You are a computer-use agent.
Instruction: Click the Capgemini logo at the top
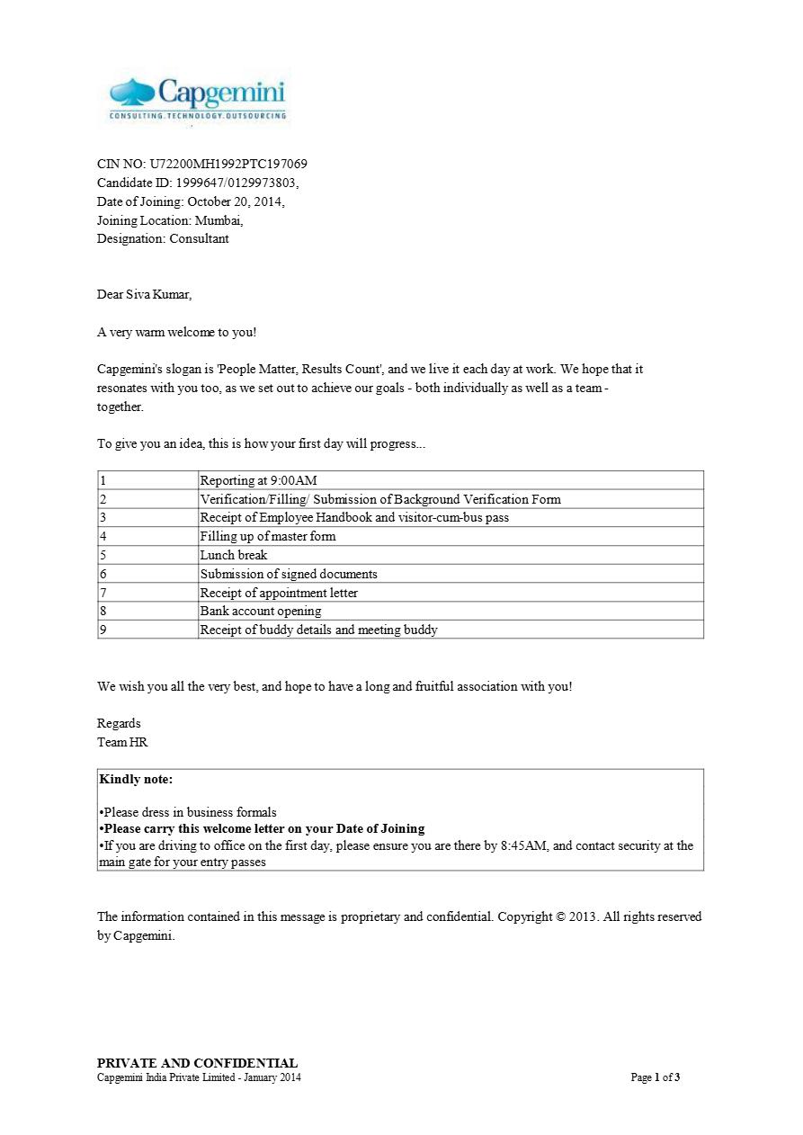tap(197, 99)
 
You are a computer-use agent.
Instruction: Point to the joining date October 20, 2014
tap(236, 201)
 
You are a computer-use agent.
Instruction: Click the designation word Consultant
tap(199, 239)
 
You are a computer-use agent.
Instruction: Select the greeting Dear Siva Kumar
tap(144, 295)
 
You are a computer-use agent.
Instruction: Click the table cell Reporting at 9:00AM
tap(258, 480)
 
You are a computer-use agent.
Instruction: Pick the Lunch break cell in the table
tap(234, 555)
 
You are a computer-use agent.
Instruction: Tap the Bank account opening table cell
tap(261, 612)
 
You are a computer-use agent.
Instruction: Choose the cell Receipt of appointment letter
tap(279, 593)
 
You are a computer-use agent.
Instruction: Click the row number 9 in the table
tap(103, 630)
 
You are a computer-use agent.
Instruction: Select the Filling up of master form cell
tap(268, 537)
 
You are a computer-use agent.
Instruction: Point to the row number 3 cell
tap(103, 518)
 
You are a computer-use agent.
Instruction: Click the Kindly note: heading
tap(136, 780)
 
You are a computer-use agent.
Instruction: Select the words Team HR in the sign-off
tap(122, 743)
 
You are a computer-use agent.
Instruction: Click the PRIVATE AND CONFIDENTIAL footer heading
tap(197, 1063)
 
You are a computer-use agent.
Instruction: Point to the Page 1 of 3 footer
tap(655, 1077)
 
